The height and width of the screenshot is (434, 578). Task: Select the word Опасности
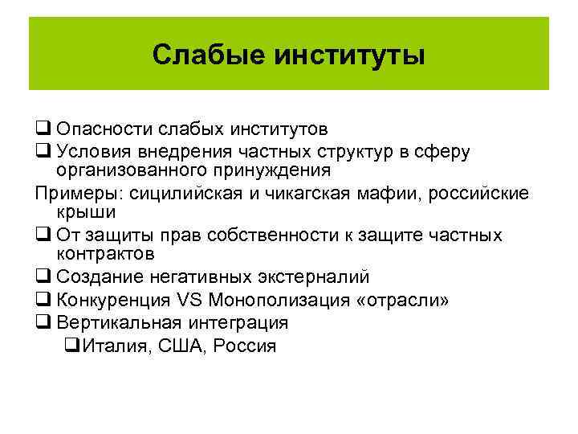[104, 129]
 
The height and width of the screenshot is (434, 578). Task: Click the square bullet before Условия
[42, 151]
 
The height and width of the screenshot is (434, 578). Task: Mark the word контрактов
[105, 254]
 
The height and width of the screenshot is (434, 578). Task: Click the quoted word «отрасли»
[406, 301]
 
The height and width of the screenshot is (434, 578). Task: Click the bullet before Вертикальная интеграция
[42, 322]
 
